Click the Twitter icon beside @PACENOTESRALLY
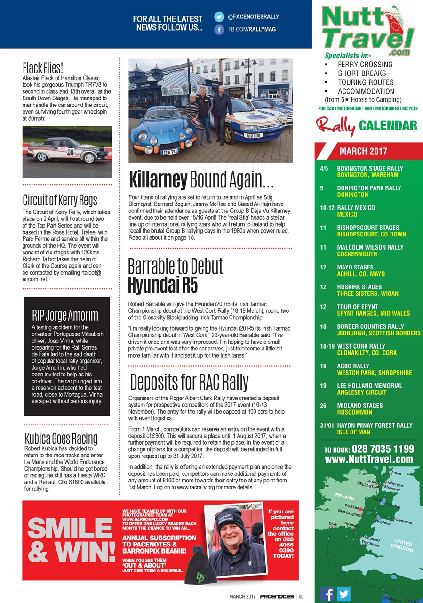[x=219, y=17]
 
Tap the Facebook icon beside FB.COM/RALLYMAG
[x=219, y=30]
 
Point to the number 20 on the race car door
[x=70, y=152]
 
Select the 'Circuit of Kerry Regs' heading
[x=60, y=200]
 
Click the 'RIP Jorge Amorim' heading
[x=65, y=315]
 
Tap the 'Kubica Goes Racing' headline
[x=60, y=438]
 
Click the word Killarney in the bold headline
[x=158, y=180]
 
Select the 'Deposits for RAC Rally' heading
[x=189, y=382]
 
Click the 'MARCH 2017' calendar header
[x=363, y=151]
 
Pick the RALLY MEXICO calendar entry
[x=357, y=208]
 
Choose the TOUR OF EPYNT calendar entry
[x=358, y=307]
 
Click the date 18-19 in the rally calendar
[x=327, y=346]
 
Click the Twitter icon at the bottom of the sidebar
[x=344, y=594]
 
